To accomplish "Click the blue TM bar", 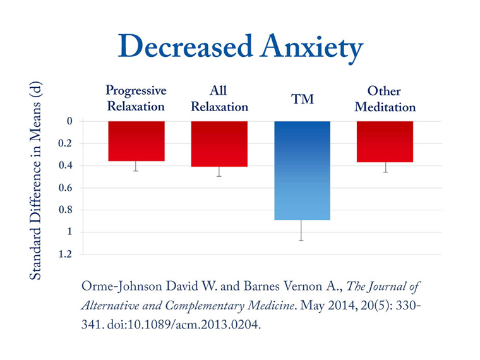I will (302, 171).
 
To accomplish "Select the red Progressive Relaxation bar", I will (136, 141).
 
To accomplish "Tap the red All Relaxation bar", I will (219, 143).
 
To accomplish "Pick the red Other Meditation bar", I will (385, 141).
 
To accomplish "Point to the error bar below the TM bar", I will (302, 231).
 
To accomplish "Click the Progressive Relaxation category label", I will (136, 99).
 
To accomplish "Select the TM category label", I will (302, 99).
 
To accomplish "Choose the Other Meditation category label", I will (385, 99).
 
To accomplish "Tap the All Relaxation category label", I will (219, 99).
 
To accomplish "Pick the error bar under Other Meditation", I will (385, 167).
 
